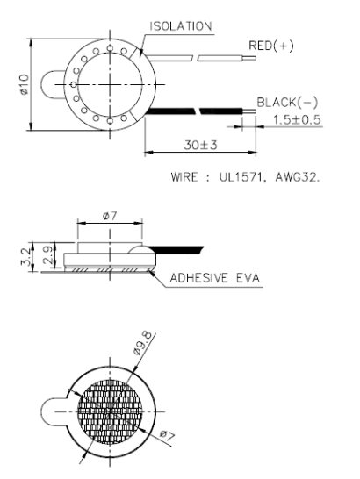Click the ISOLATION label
(181, 26)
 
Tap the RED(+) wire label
(271, 45)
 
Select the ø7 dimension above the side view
(110, 216)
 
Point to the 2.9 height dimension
(47, 256)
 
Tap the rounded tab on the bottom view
(54, 410)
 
